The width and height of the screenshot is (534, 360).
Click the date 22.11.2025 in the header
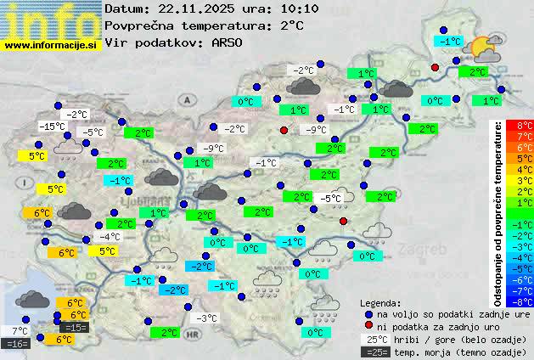194,9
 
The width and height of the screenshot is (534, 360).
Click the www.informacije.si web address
50,44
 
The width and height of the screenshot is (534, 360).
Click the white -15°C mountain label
52,127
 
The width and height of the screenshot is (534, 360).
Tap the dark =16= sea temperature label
16,344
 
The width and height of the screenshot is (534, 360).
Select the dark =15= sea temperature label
75,328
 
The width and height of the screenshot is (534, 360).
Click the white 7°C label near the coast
20,331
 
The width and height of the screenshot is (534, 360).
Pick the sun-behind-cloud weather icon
483,48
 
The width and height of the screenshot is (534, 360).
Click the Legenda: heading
380,302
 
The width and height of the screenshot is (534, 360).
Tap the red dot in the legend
368,326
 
